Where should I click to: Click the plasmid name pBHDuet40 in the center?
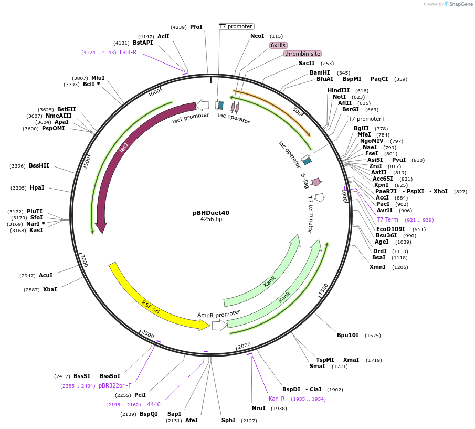tap(211, 213)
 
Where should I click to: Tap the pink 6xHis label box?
tap(278, 45)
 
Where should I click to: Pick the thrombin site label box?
tap(302, 54)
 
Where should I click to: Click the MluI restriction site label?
tap(98, 78)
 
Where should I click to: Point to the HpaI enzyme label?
tap(37, 187)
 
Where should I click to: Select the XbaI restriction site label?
tap(50, 289)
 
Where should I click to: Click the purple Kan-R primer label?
tap(277, 399)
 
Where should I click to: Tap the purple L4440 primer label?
tap(152, 404)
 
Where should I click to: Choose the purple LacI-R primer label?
tap(128, 52)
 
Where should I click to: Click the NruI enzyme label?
tap(259, 408)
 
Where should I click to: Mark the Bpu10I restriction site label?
tap(347, 335)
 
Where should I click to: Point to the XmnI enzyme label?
tap(377, 267)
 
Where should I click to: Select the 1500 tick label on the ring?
tap(323, 289)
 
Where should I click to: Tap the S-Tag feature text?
tap(304, 181)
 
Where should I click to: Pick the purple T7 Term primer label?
tap(387, 219)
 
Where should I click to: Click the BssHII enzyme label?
tap(39, 165)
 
